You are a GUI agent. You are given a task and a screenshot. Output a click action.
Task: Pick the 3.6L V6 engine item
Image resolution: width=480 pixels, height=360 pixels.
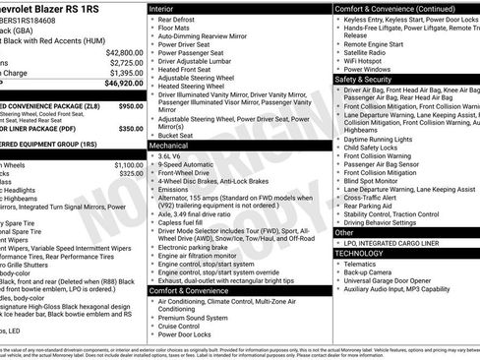170,156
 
